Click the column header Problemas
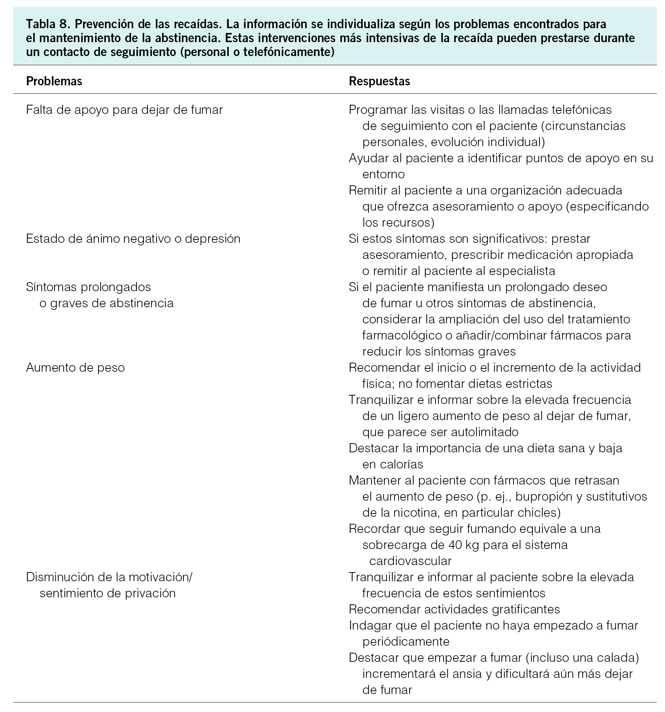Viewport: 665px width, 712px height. [54, 81]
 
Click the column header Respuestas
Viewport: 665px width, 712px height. [379, 81]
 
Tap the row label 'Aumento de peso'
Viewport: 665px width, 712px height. [75, 368]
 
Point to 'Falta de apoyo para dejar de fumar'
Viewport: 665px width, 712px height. [124, 110]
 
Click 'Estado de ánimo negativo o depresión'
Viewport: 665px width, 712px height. [133, 239]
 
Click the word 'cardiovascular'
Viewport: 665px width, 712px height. [410, 561]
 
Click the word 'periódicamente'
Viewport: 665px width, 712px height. [406, 642]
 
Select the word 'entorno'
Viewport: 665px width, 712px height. [384, 174]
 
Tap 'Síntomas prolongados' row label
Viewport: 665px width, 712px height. [89, 287]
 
